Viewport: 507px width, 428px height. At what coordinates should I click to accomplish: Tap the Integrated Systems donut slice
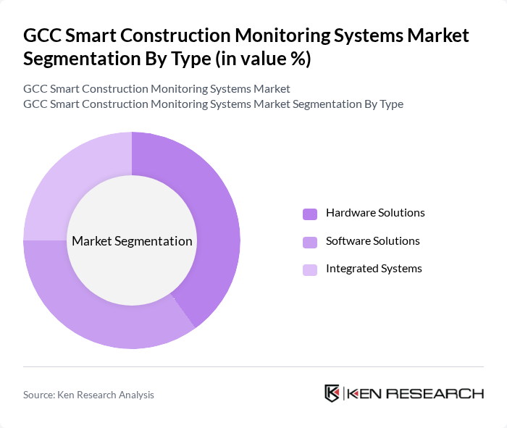pyautogui.click(x=65, y=174)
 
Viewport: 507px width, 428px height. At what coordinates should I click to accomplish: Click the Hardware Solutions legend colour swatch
pyautogui.click(x=309, y=214)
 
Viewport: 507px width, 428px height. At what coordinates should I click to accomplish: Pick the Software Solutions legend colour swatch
pyautogui.click(x=309, y=242)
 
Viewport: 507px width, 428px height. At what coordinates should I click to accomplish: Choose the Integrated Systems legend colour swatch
pyautogui.click(x=309, y=269)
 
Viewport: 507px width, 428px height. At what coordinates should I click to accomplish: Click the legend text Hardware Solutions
pyautogui.click(x=375, y=213)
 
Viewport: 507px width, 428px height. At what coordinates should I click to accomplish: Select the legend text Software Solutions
pyautogui.click(x=372, y=241)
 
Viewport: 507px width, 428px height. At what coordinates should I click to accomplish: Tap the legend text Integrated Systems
pyautogui.click(x=374, y=269)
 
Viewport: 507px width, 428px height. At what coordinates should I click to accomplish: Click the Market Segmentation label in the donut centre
pyautogui.click(x=132, y=241)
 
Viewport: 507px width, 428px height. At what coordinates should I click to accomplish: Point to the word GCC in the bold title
pyautogui.click(x=42, y=35)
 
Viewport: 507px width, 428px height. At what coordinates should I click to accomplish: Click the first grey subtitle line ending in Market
pyautogui.click(x=156, y=89)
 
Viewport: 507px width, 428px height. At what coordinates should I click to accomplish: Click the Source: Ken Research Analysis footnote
pyautogui.click(x=88, y=395)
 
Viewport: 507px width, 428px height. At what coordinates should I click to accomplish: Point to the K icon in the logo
pyautogui.click(x=332, y=393)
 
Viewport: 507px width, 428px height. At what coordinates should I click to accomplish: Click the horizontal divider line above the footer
pyautogui.click(x=253, y=367)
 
